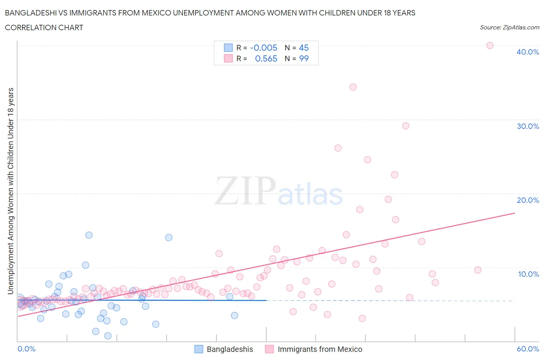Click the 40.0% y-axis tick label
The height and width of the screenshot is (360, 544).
(527, 52)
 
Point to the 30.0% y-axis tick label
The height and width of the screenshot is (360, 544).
(527, 126)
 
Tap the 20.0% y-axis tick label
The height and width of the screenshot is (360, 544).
(527, 200)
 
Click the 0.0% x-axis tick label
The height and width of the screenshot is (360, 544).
(26, 349)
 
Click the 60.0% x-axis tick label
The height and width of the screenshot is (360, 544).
(528, 349)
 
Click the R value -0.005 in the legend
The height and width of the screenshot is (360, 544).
(263, 48)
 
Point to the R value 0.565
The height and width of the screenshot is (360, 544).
(266, 58)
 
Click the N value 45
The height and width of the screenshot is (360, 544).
(304, 48)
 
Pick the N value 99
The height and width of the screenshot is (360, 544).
(304, 58)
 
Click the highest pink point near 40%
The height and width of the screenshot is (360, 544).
(489, 46)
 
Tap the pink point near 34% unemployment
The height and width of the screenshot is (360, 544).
(353, 87)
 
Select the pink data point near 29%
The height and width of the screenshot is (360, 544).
(405, 126)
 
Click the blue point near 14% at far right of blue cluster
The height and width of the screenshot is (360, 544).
(169, 238)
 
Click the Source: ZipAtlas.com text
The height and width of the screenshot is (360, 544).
(509, 27)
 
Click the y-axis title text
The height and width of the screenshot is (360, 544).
(10, 191)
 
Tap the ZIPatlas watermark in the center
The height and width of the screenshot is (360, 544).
(279, 192)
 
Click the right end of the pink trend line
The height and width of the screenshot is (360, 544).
(515, 213)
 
